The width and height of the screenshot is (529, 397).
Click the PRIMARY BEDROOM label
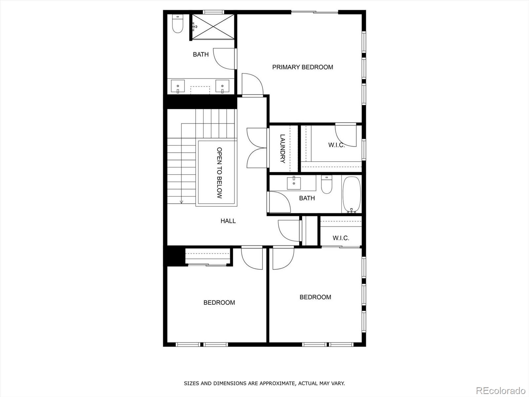click(x=303, y=67)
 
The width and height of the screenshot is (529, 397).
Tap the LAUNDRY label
click(x=283, y=148)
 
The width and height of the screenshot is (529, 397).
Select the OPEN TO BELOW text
click(x=219, y=173)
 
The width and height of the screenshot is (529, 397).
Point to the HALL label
click(x=228, y=221)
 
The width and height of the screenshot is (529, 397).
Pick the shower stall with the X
click(x=213, y=26)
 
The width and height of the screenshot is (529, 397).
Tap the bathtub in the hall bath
click(x=351, y=194)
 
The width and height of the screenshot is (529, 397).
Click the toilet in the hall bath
click(x=327, y=185)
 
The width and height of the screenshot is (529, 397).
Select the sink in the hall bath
click(x=294, y=183)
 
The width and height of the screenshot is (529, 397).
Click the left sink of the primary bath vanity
click(x=178, y=86)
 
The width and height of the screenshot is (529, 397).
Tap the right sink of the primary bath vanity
click(x=222, y=86)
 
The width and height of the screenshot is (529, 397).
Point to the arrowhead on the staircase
click(x=181, y=201)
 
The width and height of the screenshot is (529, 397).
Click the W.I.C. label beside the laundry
click(x=336, y=145)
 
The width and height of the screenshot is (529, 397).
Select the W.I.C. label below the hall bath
click(x=341, y=238)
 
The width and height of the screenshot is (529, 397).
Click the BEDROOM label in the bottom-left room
click(x=219, y=302)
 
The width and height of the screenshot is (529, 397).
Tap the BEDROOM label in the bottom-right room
click(x=315, y=297)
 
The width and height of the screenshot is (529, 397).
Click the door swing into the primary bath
click(x=225, y=59)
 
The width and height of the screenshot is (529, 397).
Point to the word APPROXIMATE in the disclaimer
click(x=277, y=383)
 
